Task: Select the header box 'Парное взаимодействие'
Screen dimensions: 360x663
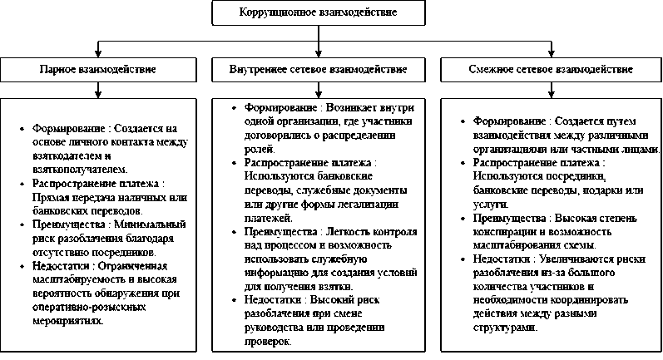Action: pos(98,69)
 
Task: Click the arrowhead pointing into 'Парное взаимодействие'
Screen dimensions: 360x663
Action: pos(98,53)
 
